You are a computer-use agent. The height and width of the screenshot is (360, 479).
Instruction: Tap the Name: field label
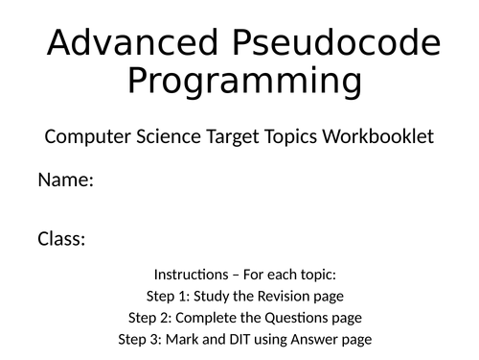pyautogui.click(x=65, y=180)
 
